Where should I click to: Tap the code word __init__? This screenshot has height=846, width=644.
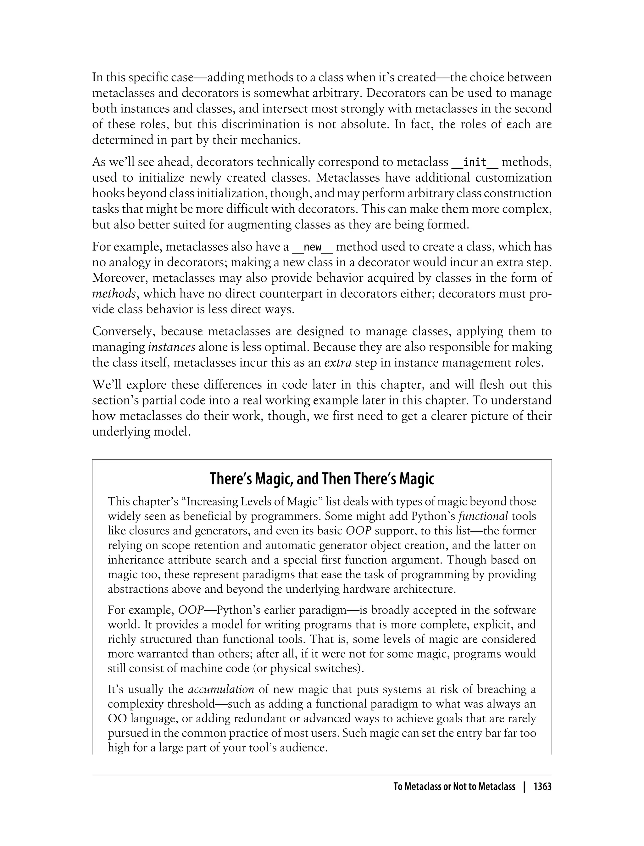click(475, 162)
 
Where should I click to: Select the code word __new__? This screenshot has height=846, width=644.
click(313, 247)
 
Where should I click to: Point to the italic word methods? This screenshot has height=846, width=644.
click(114, 294)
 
